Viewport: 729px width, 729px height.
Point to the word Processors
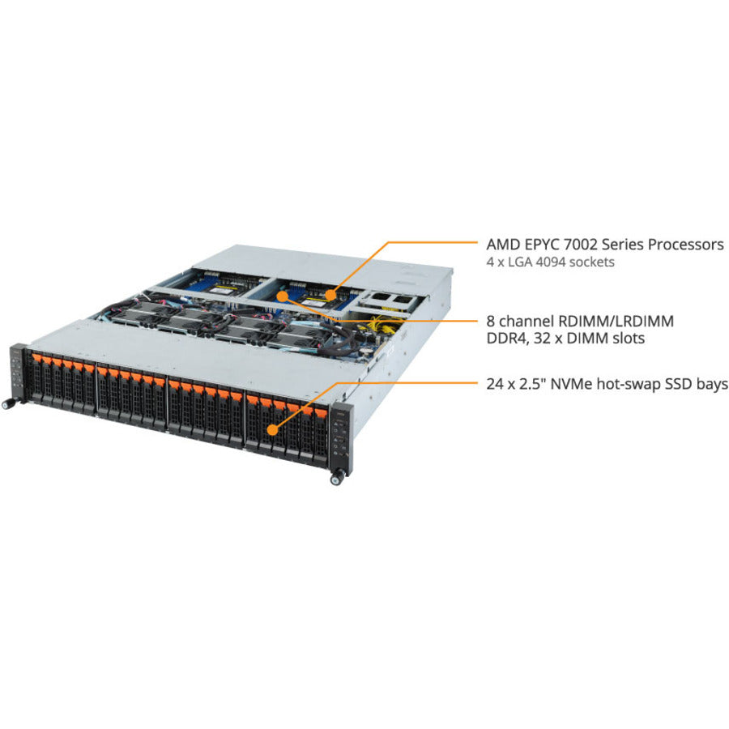(677, 244)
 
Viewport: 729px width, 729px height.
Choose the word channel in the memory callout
(526, 321)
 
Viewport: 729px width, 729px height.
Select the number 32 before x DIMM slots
(543, 339)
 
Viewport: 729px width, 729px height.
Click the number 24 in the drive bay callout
(496, 385)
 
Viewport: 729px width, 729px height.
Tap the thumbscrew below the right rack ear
(335, 480)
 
